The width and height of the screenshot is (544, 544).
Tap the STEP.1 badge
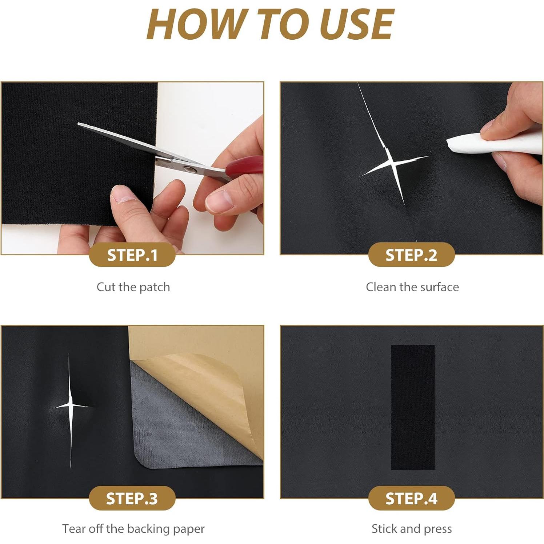coord(132,255)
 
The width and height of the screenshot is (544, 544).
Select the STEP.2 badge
coord(411,255)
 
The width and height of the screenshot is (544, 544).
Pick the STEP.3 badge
coord(132,498)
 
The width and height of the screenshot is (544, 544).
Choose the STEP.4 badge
coord(411,498)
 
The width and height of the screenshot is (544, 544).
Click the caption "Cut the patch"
coord(133,287)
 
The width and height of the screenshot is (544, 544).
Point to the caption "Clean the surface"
coord(412,287)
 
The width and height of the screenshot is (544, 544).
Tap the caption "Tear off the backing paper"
coord(133,529)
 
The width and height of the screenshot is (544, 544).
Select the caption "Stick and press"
coord(412,529)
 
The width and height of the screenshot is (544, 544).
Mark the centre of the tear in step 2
coord(391,164)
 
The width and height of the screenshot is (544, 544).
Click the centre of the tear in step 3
coord(70,405)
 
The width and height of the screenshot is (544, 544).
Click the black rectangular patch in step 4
coord(413,407)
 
